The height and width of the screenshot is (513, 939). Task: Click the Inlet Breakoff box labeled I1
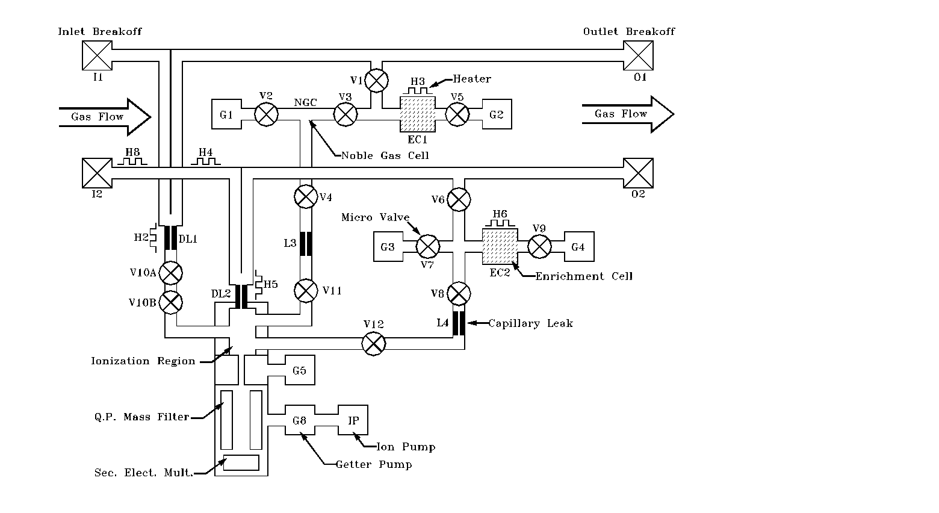coord(96,56)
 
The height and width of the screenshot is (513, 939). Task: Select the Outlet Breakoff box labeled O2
coord(638,173)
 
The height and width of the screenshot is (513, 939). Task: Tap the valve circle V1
coord(377,80)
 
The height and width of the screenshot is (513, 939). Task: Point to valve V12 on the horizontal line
coord(373,344)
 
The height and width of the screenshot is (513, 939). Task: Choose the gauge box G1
coord(226,114)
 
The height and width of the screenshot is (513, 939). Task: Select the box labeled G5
coord(299,370)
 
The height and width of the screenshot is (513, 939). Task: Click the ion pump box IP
coord(353,420)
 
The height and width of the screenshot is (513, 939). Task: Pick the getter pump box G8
coord(300,420)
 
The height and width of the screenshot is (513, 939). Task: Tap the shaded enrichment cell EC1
coord(418,114)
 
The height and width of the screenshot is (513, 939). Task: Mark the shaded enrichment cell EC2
coord(500,246)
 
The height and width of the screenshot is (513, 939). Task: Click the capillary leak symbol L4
coord(459,323)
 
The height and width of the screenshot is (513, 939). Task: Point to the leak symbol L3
coord(306,243)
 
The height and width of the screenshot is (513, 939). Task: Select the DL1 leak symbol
coord(170,238)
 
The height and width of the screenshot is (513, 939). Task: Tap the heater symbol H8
coord(132,161)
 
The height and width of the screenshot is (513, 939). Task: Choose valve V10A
coord(171,273)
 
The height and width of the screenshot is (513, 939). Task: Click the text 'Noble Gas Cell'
coord(385,155)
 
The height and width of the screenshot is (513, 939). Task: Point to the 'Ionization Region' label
coord(143,361)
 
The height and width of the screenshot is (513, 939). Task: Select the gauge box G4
coord(578,246)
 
